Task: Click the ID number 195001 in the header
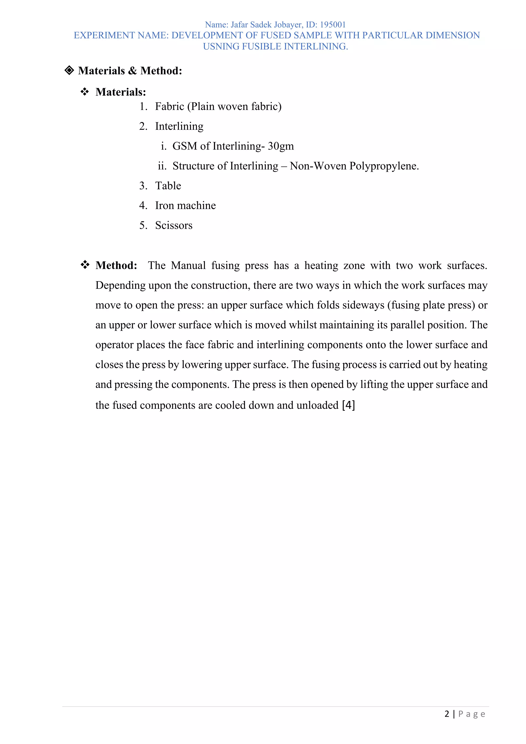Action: [333, 25]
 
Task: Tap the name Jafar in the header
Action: [239, 25]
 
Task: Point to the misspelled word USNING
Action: [221, 46]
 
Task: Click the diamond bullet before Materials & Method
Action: [69, 70]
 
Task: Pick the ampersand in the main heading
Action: [133, 71]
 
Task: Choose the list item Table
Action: [168, 186]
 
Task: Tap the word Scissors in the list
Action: [174, 225]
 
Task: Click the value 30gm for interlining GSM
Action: [281, 146]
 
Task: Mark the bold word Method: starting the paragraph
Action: [116, 265]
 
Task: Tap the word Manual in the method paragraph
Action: [188, 265]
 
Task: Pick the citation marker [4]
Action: [349, 405]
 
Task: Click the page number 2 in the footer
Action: [447, 714]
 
